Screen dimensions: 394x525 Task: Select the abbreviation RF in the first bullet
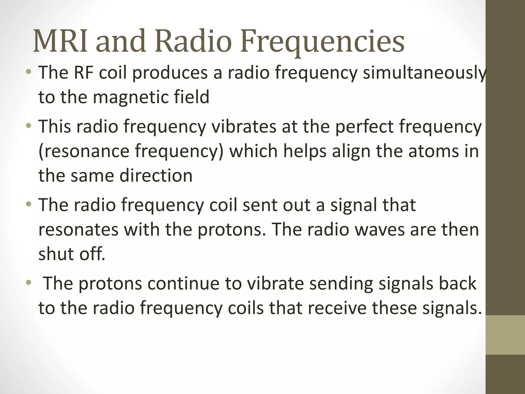coord(83,73)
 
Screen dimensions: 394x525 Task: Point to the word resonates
coord(78,230)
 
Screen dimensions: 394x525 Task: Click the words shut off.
coord(72,254)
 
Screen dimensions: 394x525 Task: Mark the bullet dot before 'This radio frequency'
coord(29,126)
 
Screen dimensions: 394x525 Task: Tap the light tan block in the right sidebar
coord(505,335)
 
